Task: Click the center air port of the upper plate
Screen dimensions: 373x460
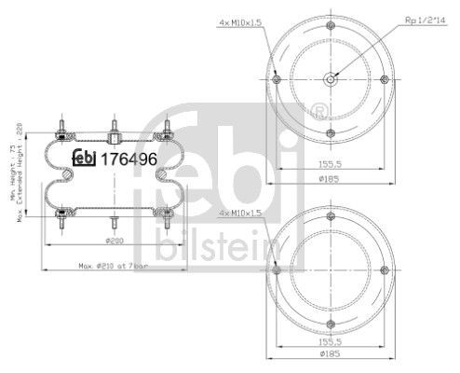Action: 331,79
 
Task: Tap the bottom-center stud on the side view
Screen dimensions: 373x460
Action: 113,222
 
